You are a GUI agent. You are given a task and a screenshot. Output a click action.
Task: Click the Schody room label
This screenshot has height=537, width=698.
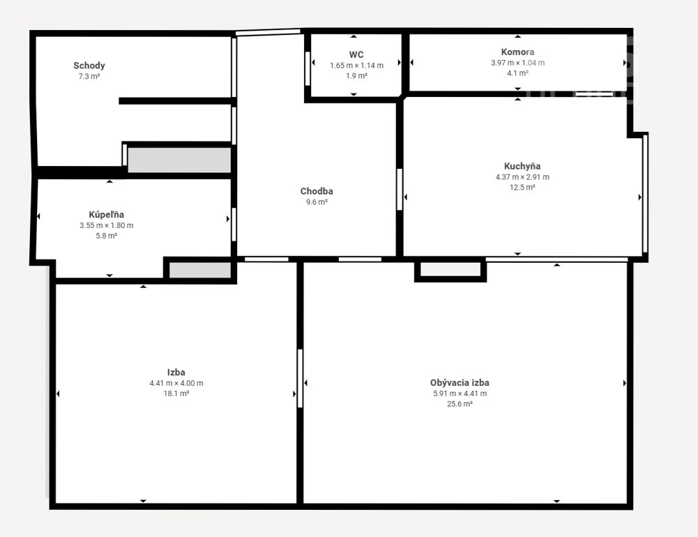click(x=89, y=66)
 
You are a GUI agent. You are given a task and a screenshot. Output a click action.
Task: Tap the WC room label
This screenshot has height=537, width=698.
click(x=356, y=55)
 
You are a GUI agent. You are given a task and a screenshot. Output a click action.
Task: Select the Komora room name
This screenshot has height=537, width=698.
click(x=517, y=52)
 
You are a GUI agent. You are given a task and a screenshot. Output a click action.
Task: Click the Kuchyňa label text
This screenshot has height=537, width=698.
click(x=522, y=166)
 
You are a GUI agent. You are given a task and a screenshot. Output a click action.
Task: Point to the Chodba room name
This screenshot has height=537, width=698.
click(x=317, y=191)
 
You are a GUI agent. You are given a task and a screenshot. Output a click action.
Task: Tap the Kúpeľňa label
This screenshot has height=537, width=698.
click(x=107, y=215)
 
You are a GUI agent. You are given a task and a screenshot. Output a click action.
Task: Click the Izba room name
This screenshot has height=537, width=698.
click(x=176, y=372)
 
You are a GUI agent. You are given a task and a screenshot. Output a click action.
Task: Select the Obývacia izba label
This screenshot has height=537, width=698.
click(x=460, y=382)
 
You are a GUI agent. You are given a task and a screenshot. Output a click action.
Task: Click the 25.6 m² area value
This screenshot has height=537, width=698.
click(x=460, y=404)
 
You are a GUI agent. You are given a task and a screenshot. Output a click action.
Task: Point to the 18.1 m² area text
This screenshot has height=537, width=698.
click(x=176, y=393)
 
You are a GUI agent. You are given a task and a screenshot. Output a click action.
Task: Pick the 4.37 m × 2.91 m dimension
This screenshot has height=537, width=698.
click(x=522, y=176)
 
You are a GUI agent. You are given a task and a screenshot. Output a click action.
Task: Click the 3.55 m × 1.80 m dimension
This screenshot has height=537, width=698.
click(x=107, y=225)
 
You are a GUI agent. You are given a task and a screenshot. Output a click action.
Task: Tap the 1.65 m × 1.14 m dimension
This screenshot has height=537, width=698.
click(x=356, y=66)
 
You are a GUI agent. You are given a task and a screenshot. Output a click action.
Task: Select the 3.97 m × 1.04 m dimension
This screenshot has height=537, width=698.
click(x=517, y=63)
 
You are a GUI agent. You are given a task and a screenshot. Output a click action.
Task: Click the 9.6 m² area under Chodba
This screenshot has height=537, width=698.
click(x=317, y=202)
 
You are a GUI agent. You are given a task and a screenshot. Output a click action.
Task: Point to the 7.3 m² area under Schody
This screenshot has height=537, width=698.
click(x=89, y=76)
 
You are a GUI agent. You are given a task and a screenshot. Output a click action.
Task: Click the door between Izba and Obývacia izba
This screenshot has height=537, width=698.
click(x=300, y=379)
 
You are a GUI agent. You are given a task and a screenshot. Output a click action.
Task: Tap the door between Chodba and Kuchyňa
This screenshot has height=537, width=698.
click(x=400, y=189)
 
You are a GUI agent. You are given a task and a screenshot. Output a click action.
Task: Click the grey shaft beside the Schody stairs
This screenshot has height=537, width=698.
click(x=179, y=160)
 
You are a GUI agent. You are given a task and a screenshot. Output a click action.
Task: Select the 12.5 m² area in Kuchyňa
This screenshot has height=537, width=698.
click(x=522, y=188)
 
